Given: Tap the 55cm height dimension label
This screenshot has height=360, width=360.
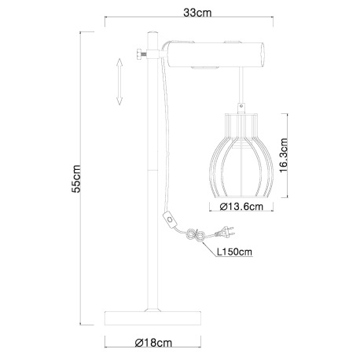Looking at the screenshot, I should [76, 180].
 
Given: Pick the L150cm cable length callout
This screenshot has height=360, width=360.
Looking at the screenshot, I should [235, 252].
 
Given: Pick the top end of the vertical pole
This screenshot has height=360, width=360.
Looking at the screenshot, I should [152, 32].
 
